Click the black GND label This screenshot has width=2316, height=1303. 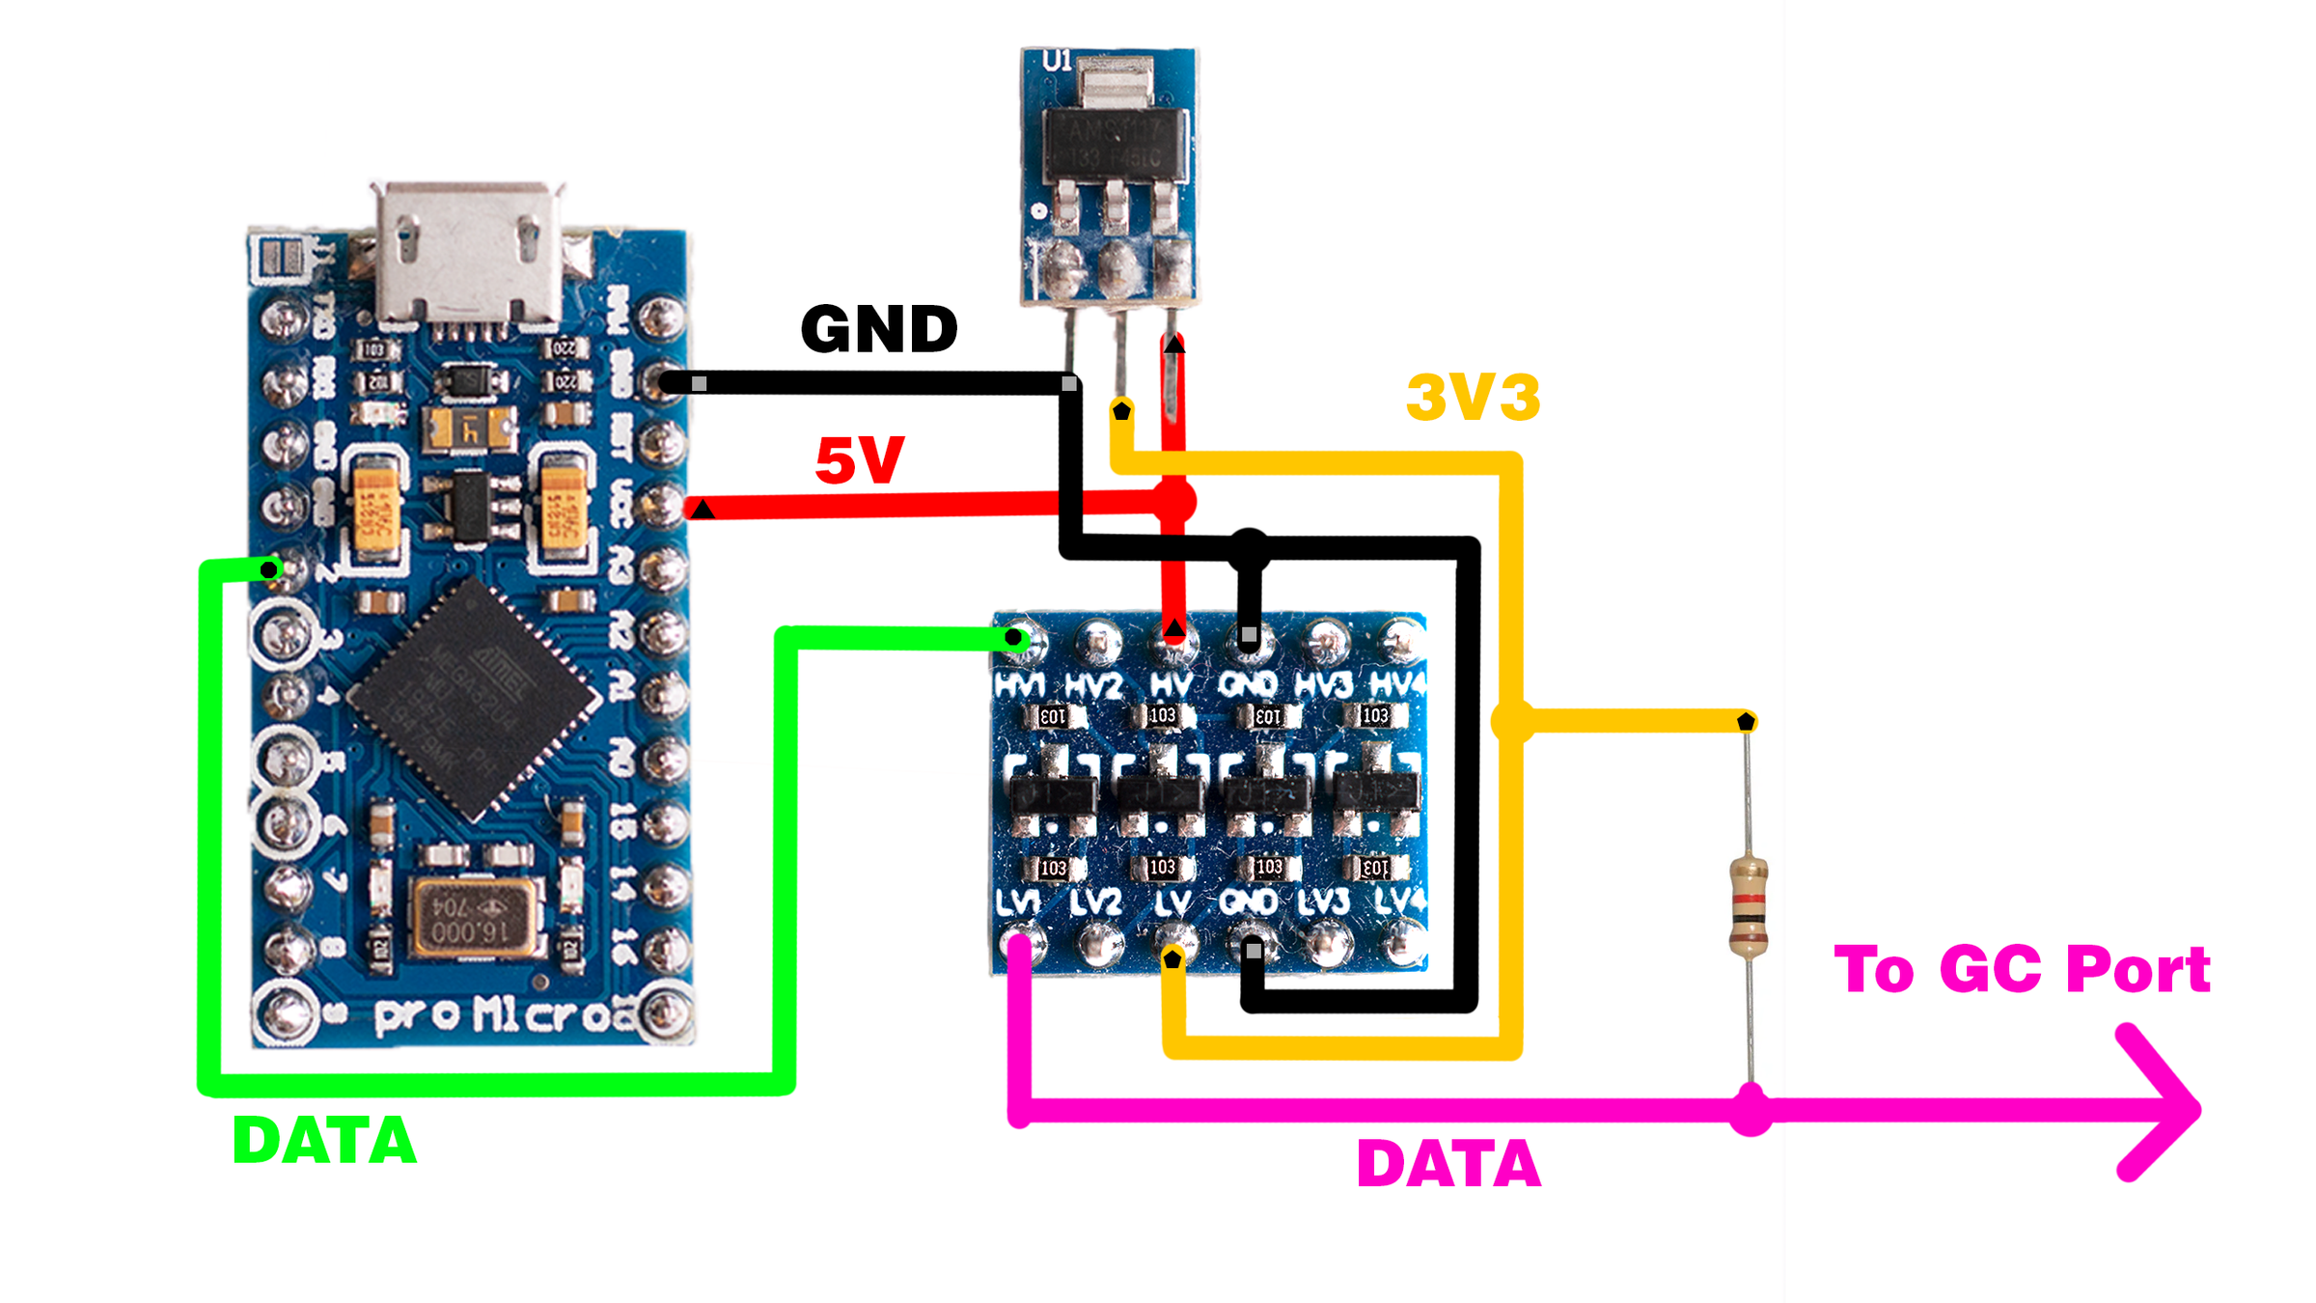[879, 329]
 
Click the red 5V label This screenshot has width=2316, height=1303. [859, 460]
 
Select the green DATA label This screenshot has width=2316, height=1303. [324, 1141]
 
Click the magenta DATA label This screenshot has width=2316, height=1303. [1448, 1164]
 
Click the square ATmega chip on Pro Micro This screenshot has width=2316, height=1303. [474, 699]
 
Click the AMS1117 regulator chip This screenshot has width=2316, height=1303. [1115, 144]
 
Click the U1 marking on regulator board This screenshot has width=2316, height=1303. [1057, 62]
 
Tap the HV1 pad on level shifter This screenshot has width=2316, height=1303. [1017, 641]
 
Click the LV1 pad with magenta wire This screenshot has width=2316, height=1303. [1020, 943]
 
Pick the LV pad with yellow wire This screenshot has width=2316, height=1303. [1172, 943]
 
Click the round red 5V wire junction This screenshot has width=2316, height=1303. [1174, 502]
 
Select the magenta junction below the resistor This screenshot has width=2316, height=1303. [1751, 1110]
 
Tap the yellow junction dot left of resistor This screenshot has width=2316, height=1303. [1512, 721]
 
